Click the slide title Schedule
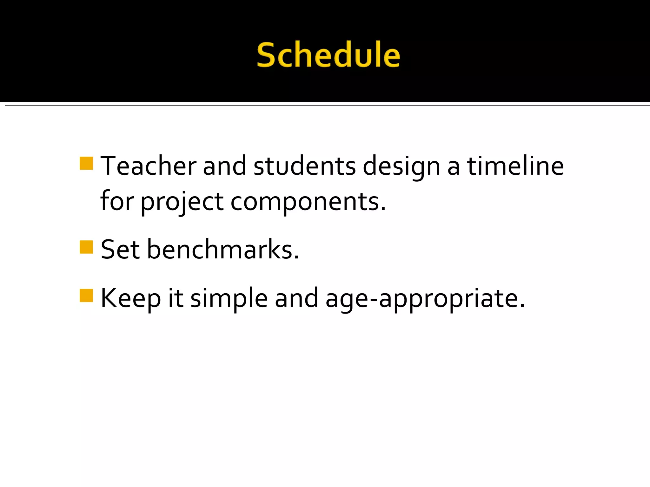click(x=328, y=55)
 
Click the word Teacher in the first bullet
click(x=148, y=166)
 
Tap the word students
click(x=304, y=166)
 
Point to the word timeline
click(x=515, y=166)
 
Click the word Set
click(x=120, y=250)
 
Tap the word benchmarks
click(x=223, y=250)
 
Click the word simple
click(x=229, y=299)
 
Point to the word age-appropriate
click(x=425, y=299)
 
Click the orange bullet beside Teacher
click(x=86, y=163)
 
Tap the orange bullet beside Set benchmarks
click(x=86, y=247)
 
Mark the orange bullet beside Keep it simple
click(x=86, y=295)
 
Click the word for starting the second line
click(x=117, y=201)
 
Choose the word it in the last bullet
click(x=176, y=298)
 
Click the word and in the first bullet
click(x=224, y=166)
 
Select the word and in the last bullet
click(x=296, y=298)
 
